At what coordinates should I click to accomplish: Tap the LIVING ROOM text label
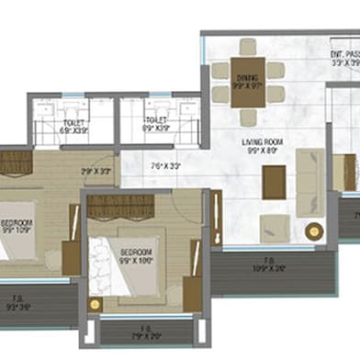point(262,141)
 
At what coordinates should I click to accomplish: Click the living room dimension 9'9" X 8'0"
point(262,151)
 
